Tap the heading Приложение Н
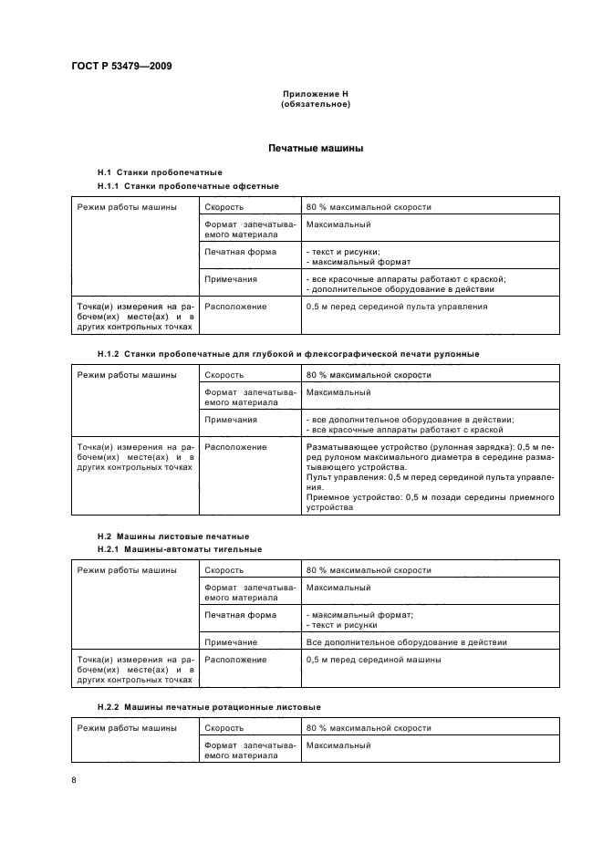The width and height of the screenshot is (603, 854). [x=315, y=94]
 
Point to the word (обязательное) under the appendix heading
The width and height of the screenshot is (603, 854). [x=315, y=104]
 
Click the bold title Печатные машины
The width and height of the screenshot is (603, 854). [x=315, y=148]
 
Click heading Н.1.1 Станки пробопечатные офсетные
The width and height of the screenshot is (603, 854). [x=188, y=186]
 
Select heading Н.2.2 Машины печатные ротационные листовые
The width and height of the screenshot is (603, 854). [x=209, y=707]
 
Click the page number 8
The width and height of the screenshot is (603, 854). [x=74, y=780]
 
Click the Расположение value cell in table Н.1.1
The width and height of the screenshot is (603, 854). [x=396, y=307]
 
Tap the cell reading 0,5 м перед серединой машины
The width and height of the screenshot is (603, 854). [x=374, y=659]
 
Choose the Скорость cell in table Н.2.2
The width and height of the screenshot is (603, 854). [x=224, y=728]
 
